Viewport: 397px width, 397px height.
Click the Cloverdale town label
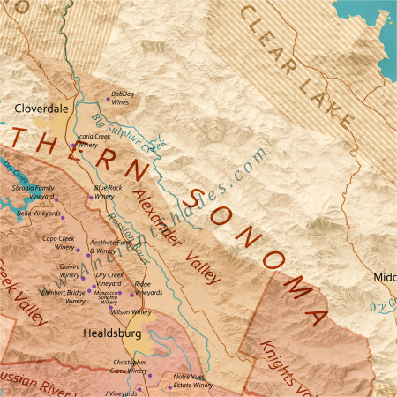[41, 109]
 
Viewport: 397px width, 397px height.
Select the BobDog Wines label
[124, 97]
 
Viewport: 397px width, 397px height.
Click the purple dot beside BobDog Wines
[109, 97]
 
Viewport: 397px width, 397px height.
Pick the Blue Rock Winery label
[108, 191]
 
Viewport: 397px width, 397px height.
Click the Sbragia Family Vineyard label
[33, 191]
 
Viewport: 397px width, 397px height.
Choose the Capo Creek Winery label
[58, 243]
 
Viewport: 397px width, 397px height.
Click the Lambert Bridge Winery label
[64, 296]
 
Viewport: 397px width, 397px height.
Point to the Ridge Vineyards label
[148, 288]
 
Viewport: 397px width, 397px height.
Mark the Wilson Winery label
[131, 311]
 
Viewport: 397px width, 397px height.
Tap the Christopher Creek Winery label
[129, 366]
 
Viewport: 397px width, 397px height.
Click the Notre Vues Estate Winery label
[192, 380]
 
